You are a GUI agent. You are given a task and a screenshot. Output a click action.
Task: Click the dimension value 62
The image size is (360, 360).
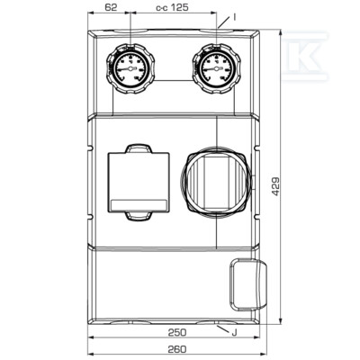(111, 7)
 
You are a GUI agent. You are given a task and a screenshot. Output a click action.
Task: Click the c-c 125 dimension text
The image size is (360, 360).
(172, 7)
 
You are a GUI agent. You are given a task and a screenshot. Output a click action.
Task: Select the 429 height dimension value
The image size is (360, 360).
(275, 186)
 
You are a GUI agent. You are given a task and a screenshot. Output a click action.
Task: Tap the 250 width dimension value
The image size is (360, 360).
(177, 332)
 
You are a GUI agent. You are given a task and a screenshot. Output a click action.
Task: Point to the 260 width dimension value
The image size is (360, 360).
(177, 349)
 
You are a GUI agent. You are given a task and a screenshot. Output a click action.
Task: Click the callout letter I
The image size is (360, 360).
(235, 17)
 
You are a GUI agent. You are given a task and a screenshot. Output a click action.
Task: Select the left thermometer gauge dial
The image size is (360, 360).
(130, 69)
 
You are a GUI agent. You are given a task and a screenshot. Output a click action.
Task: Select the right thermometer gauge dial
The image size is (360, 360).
(216, 69)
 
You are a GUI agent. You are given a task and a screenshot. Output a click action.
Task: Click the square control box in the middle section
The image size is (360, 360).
(139, 182)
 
